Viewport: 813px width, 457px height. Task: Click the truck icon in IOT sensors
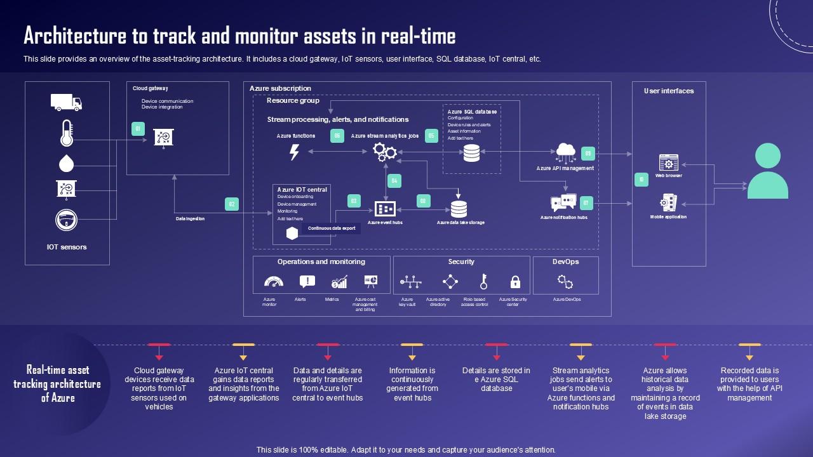(x=66, y=102)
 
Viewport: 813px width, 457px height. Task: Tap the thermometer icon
(x=66, y=133)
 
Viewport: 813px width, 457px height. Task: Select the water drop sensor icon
(x=66, y=163)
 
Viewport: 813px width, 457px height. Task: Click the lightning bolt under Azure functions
(x=294, y=152)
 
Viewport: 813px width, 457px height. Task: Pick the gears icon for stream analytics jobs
(x=385, y=152)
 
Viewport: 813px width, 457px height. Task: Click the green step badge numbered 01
(x=138, y=129)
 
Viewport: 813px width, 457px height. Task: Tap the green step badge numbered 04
(x=394, y=181)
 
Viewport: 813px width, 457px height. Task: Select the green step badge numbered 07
(x=586, y=203)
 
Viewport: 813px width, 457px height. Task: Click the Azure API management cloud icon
(x=565, y=153)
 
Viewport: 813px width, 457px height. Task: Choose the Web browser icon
(x=668, y=162)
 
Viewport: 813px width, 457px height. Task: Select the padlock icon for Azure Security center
(x=515, y=282)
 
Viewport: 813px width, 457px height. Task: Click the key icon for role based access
(x=483, y=282)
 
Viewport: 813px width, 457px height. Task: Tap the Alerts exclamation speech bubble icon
(x=307, y=282)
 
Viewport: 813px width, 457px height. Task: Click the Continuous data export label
(x=332, y=228)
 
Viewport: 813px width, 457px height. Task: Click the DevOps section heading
(x=565, y=262)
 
